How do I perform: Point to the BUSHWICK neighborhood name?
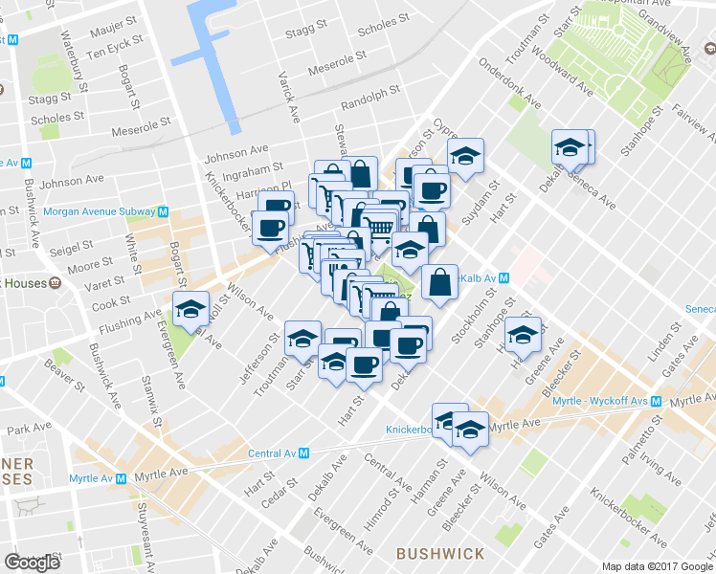tap(440, 553)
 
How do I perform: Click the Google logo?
tap(32, 563)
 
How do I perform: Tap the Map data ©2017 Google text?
tap(658, 566)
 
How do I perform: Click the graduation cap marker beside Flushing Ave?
tap(190, 307)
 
